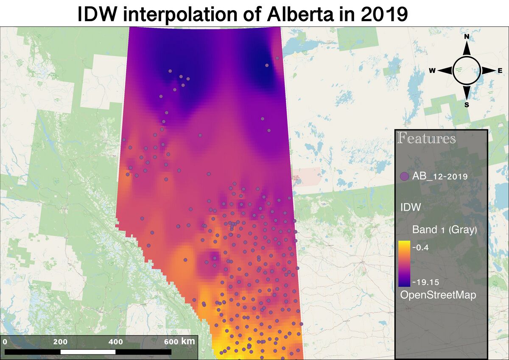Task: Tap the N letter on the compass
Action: pos(467,37)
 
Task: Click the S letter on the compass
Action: pos(467,105)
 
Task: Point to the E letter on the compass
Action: pos(500,71)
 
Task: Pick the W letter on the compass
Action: pos(432,71)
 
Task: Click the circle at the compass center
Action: pos(467,70)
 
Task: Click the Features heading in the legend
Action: pos(426,139)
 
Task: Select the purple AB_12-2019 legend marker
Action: pos(404,176)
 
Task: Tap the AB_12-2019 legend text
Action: pos(440,176)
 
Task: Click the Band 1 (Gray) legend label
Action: pos(445,230)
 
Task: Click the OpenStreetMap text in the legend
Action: pos(438,295)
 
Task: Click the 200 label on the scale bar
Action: pos(60,342)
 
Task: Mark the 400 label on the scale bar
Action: pos(116,342)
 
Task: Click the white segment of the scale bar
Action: pos(88,352)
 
